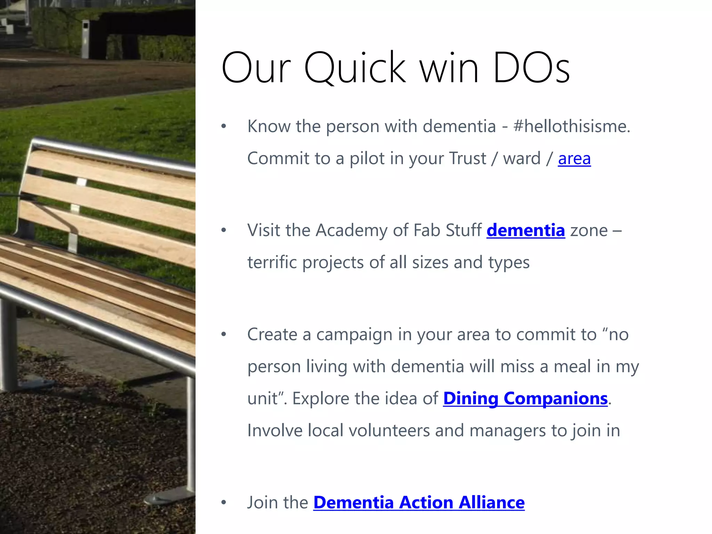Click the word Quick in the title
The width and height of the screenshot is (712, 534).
click(x=355, y=67)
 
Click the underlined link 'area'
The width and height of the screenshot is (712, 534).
click(x=574, y=159)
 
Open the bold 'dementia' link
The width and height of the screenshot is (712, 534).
click(x=526, y=230)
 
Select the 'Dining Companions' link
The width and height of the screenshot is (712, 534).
click(x=525, y=398)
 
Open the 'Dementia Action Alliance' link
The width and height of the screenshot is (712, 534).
click(x=419, y=503)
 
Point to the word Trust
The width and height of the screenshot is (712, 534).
click(x=467, y=159)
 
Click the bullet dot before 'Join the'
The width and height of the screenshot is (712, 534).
click(x=224, y=503)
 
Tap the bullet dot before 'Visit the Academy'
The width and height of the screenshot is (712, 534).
click(x=224, y=230)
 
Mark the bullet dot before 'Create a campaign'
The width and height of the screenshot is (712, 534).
click(x=224, y=334)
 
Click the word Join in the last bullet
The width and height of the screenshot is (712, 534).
click(x=260, y=503)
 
